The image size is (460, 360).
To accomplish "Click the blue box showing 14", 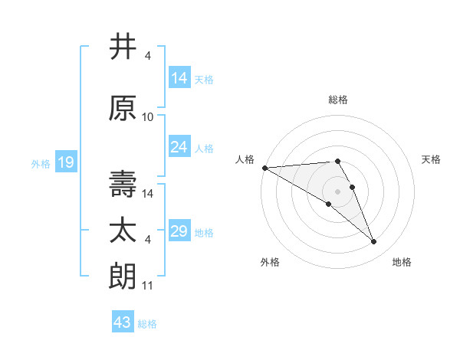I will tap(179, 78).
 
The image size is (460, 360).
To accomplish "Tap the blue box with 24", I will tap(179, 147).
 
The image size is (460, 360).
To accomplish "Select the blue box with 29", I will tap(179, 231).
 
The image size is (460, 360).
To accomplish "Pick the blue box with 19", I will tap(65, 162).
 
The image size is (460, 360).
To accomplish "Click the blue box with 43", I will tap(123, 322).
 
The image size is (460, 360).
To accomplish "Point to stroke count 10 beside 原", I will tap(148, 117).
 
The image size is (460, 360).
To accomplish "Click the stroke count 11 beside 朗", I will tap(148, 286).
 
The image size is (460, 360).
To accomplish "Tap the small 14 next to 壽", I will tap(149, 194).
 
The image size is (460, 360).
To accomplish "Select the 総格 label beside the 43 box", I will tap(147, 324).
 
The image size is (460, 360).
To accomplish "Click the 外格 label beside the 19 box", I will tap(41, 163).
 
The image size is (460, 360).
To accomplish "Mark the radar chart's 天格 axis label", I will tap(431, 159).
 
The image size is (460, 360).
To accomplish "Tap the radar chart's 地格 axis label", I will tap(402, 262).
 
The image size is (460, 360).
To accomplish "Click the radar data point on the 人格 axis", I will tap(264, 167).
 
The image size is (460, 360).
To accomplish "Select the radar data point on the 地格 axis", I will tap(374, 242).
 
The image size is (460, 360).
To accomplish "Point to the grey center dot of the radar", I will tap(337, 191).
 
